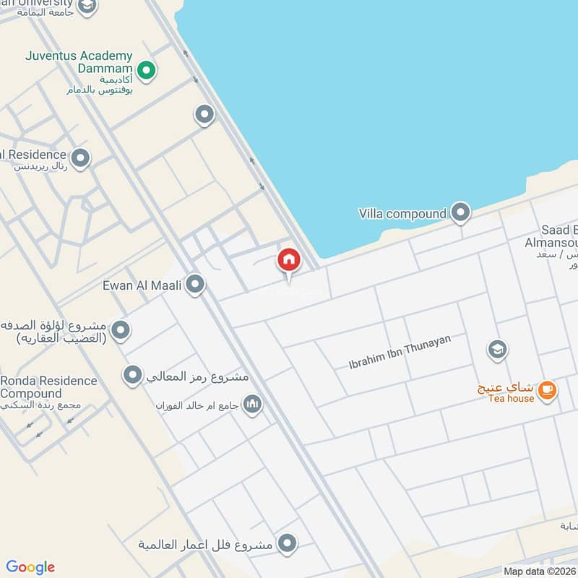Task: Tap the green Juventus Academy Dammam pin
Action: tap(147, 71)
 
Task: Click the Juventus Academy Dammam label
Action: tap(79, 62)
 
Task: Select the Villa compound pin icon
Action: tap(460, 212)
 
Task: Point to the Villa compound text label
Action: tap(402, 214)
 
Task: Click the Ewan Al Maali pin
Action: tap(194, 285)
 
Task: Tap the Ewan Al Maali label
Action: tap(144, 285)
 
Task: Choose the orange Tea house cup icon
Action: tap(548, 390)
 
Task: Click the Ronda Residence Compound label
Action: tap(48, 387)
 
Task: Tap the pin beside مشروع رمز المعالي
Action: tap(132, 375)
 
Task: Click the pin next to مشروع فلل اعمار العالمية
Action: tap(288, 543)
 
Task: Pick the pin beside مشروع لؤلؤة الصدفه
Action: tap(121, 330)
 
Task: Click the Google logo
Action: tap(30, 567)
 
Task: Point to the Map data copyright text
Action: tap(538, 571)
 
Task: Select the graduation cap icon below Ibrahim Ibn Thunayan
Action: tap(497, 350)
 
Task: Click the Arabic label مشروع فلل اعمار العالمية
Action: tap(207, 544)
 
